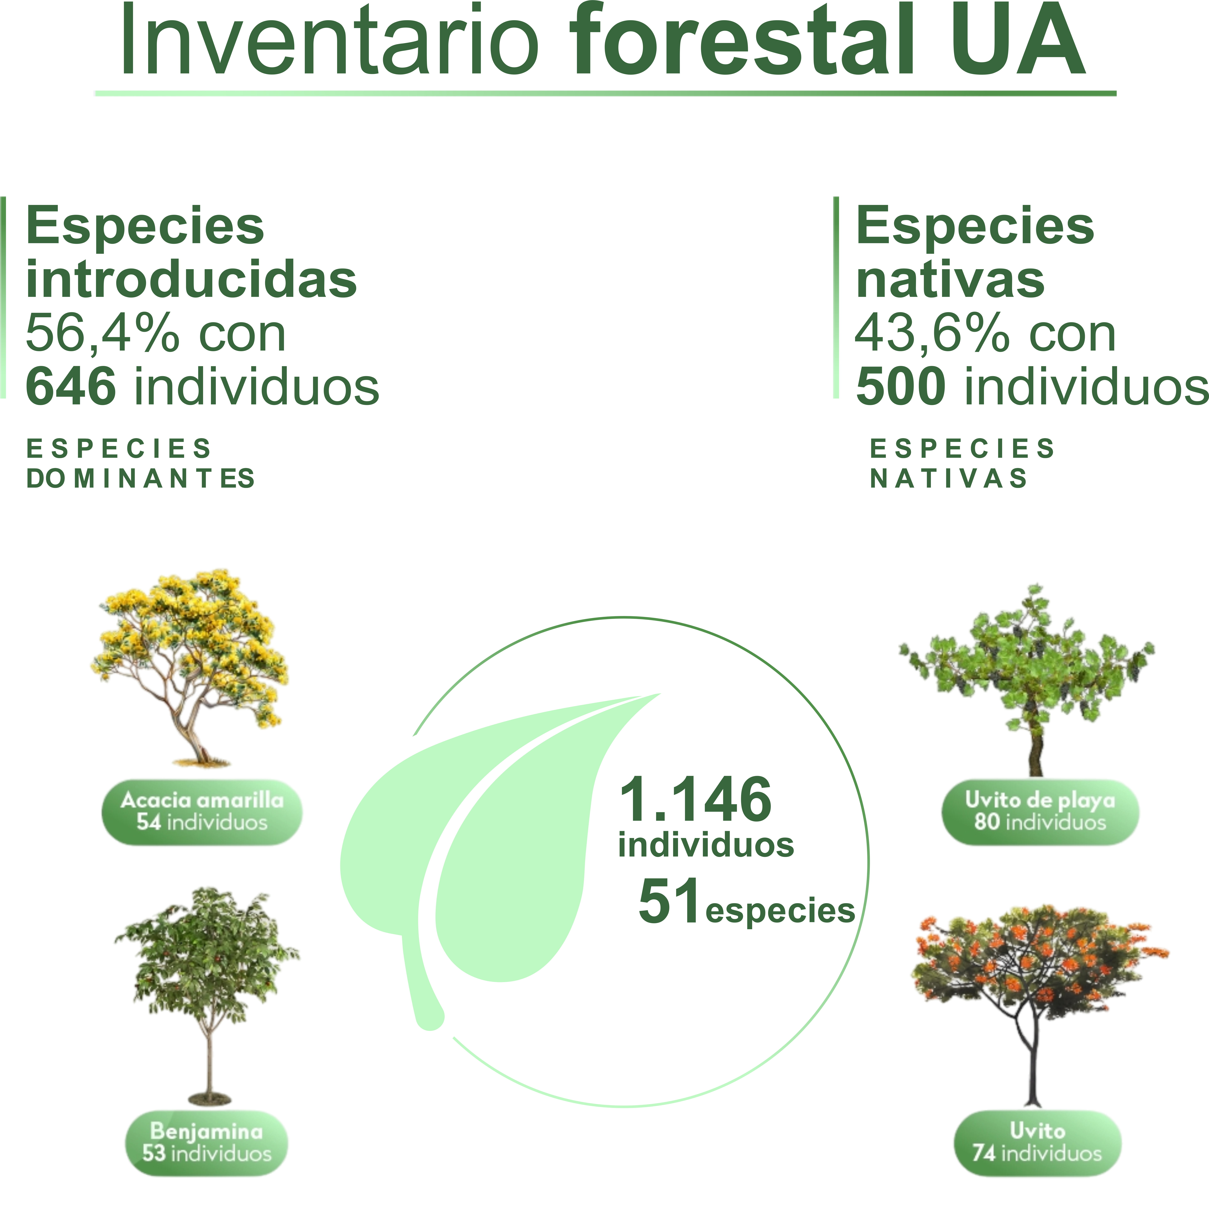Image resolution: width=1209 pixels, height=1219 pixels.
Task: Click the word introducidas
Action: pos(191,279)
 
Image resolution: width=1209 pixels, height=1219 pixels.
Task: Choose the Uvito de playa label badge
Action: pos(1040,812)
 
